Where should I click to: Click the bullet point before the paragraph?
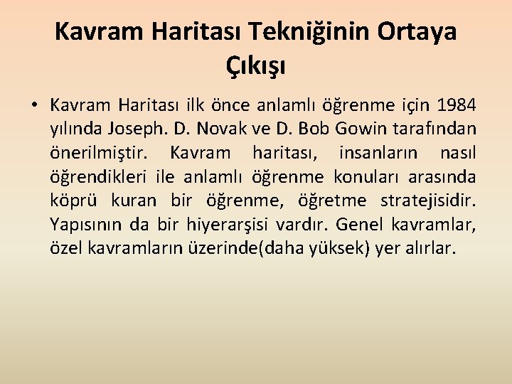[33, 107]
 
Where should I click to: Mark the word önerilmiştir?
[99, 153]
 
